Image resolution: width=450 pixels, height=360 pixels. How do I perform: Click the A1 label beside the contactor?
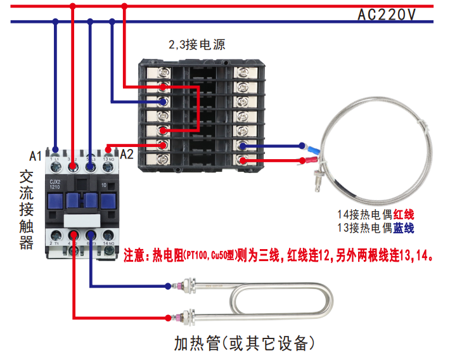click(x=35, y=155)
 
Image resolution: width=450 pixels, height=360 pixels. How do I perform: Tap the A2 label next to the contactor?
click(x=127, y=154)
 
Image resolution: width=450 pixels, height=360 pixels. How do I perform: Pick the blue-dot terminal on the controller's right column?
click(x=243, y=145)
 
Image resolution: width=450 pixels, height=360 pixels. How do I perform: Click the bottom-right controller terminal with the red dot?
click(x=243, y=160)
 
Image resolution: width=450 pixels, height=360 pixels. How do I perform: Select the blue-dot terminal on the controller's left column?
click(x=164, y=101)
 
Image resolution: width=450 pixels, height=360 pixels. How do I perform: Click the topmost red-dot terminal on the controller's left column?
click(x=164, y=87)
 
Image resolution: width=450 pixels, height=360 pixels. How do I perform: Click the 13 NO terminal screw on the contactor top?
click(x=107, y=166)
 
